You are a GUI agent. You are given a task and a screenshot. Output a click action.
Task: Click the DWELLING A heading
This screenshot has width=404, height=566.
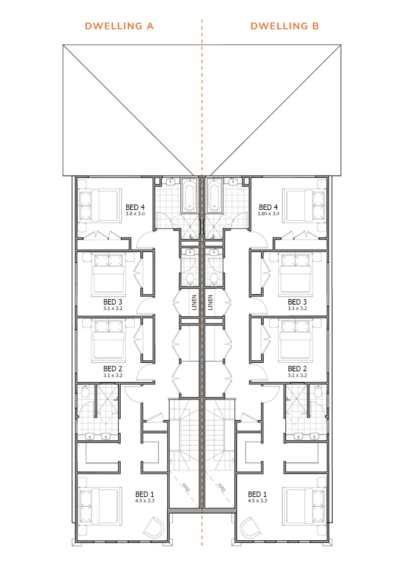pos(119,26)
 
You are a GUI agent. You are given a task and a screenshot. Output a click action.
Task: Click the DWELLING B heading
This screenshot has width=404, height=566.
pos(285,26)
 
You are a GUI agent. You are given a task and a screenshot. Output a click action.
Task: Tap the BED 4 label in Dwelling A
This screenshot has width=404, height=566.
pos(135,207)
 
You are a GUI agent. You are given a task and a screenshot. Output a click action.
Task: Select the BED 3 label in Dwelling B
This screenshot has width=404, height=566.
pos(297,302)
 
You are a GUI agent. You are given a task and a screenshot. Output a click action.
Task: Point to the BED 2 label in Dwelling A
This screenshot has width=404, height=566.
pos(113,368)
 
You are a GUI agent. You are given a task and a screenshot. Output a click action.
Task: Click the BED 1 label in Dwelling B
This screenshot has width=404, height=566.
pos(257,494)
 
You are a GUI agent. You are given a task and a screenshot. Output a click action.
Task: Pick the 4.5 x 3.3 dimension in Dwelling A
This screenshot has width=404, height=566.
pos(144,501)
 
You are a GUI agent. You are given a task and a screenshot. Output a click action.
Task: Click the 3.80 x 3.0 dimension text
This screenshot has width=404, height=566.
pos(268,214)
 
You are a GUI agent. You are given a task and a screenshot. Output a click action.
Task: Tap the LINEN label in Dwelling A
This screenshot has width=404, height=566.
pos(194,303)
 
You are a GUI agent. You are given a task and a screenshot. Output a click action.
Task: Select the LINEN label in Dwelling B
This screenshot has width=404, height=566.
pos(210,303)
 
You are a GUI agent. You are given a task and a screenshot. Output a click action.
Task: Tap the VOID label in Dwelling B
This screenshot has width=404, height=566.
pos(222,487)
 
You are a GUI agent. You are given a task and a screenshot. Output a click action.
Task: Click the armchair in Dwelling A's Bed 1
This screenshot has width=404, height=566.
pos(154,528)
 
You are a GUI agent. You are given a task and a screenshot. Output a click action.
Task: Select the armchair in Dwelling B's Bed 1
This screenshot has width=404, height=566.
pos(249,528)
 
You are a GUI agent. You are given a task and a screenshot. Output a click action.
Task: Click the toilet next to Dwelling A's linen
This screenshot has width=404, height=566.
pos(190,278)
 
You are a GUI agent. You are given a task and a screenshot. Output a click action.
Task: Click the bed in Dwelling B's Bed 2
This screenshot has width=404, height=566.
pos(295,341)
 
